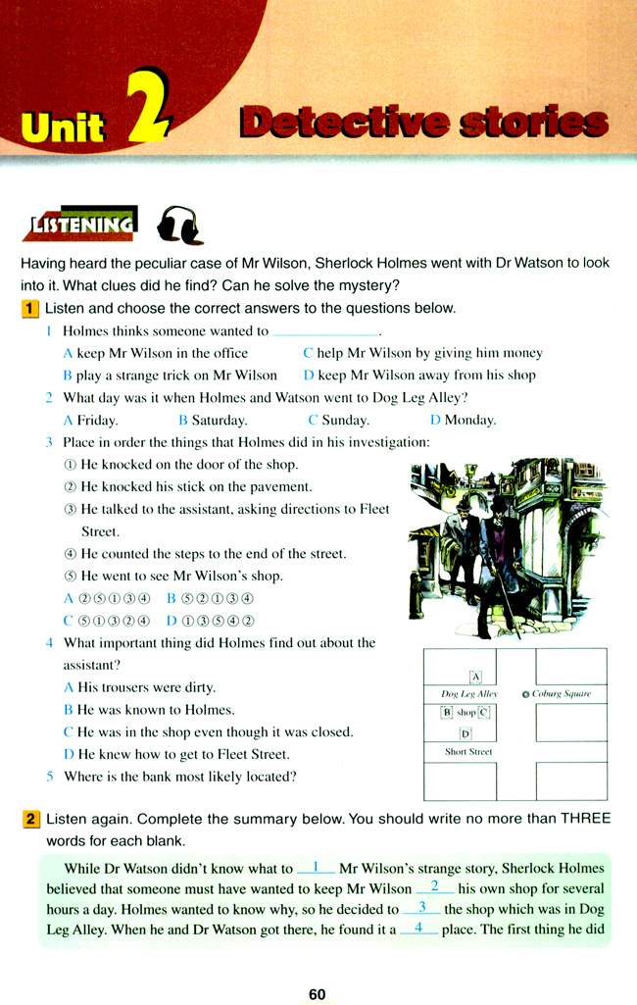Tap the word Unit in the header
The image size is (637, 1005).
65,125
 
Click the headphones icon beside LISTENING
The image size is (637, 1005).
180,226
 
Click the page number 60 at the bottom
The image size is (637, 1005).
317,993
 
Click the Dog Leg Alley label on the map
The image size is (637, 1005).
470,694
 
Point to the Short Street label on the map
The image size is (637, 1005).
468,752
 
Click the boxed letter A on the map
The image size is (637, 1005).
476,676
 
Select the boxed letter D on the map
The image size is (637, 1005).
465,732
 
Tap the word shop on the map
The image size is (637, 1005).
465,713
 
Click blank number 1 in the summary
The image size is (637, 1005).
316,867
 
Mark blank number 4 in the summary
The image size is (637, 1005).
418,928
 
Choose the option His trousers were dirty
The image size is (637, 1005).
139,687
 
